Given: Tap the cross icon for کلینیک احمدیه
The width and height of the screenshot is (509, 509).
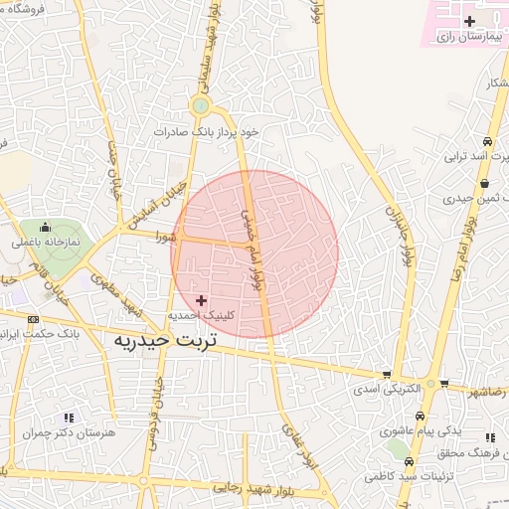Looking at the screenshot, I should click(x=203, y=299).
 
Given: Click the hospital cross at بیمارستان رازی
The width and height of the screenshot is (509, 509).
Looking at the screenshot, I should click(x=469, y=21).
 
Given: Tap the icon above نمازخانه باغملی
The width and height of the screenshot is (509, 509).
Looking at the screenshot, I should click(x=47, y=227).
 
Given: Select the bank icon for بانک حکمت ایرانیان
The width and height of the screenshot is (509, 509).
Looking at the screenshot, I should click(x=34, y=319).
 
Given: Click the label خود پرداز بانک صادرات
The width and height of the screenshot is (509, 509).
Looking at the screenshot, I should click(x=206, y=131).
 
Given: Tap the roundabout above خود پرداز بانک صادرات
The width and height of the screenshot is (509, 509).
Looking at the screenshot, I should click(x=201, y=105).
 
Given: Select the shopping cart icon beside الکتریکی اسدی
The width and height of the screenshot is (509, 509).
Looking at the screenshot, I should click(x=386, y=375).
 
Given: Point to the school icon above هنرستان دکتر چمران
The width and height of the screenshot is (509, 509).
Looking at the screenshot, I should click(x=69, y=419).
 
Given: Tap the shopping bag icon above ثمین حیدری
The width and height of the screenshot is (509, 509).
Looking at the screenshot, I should click(x=483, y=184).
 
